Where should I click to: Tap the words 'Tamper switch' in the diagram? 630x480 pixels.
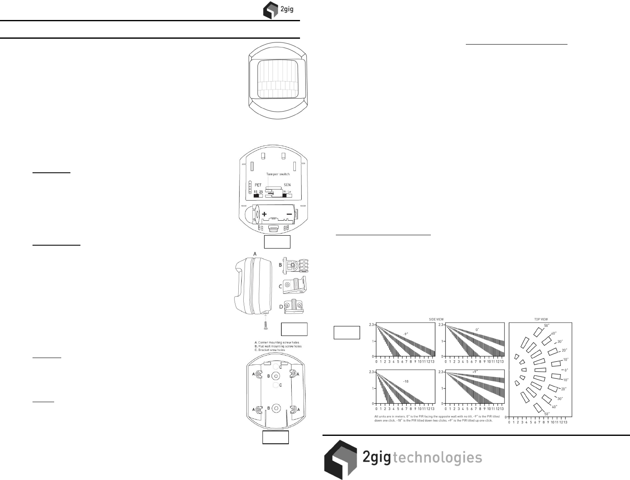pyautogui.click(x=278, y=174)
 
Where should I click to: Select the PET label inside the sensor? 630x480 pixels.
pyautogui.click(x=258, y=185)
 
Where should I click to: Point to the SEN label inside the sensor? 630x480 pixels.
pyautogui.click(x=287, y=185)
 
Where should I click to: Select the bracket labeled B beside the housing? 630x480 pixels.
pyautogui.click(x=297, y=265)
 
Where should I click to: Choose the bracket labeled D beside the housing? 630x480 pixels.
pyautogui.click(x=295, y=306)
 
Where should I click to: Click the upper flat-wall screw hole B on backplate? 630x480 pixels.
pyautogui.click(x=275, y=376)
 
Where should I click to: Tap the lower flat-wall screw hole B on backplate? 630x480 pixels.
pyautogui.click(x=275, y=408)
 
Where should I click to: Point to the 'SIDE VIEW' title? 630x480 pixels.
pyautogui.click(x=436, y=319)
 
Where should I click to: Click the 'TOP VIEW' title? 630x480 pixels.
pyautogui.click(x=541, y=319)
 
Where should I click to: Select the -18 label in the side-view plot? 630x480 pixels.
pyautogui.click(x=406, y=381)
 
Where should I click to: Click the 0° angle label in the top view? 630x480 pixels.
pyautogui.click(x=565, y=370)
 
